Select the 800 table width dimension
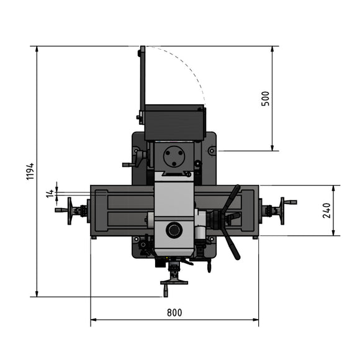tap(174, 313)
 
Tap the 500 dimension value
tap(265, 99)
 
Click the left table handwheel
tap(70, 210)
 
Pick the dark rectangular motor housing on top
tap(174, 122)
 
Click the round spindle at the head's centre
tap(174, 230)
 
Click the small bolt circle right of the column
tap(212, 150)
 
